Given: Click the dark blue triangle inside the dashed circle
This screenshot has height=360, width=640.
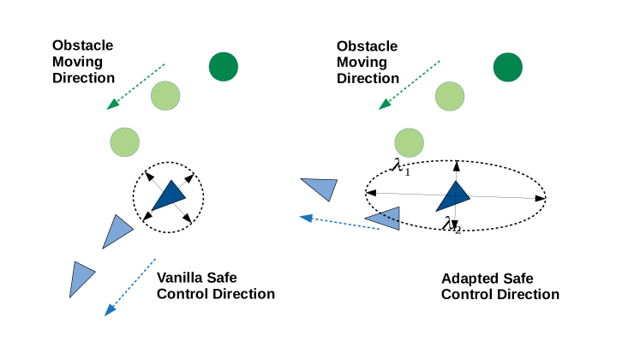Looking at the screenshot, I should (x=169, y=196).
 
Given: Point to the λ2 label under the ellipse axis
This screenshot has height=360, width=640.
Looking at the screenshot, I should (x=452, y=225).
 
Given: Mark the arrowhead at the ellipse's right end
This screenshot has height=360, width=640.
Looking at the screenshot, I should (x=541, y=198).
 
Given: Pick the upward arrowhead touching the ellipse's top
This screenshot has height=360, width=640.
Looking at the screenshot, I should (x=458, y=165).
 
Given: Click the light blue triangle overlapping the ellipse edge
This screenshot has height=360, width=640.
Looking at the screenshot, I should (x=385, y=219).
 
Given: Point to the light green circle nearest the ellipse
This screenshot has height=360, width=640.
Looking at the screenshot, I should (x=409, y=141).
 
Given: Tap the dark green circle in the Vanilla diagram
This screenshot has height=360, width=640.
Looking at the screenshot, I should (x=224, y=65).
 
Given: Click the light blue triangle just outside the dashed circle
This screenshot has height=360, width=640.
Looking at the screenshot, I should (x=117, y=231).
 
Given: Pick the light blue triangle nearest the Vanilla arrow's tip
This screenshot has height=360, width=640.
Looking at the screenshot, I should (x=81, y=278).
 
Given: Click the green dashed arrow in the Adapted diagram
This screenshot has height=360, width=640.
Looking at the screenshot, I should (x=410, y=85).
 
